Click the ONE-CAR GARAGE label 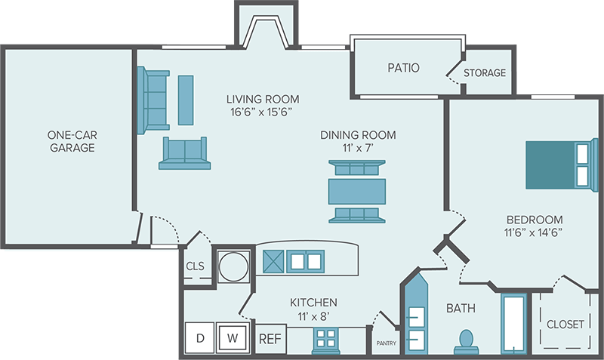coord(72,141)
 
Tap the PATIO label coord(403,68)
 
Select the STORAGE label coord(484,73)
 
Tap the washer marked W coord(233,338)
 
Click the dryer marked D coord(201,338)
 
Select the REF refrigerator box coord(270,339)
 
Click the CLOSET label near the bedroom coord(565,324)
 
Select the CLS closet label coord(195,266)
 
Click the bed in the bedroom coord(557,165)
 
